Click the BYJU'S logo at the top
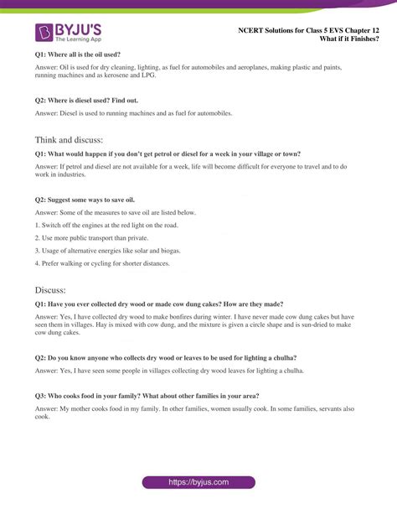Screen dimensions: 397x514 pos(68,34)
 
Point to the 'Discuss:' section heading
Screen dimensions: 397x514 pos(56,289)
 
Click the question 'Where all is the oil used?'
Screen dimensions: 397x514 pos(77,54)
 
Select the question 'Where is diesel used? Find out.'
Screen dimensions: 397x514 pos(92,97)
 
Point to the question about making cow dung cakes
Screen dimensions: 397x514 pos(163,304)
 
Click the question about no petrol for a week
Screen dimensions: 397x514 pos(168,154)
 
